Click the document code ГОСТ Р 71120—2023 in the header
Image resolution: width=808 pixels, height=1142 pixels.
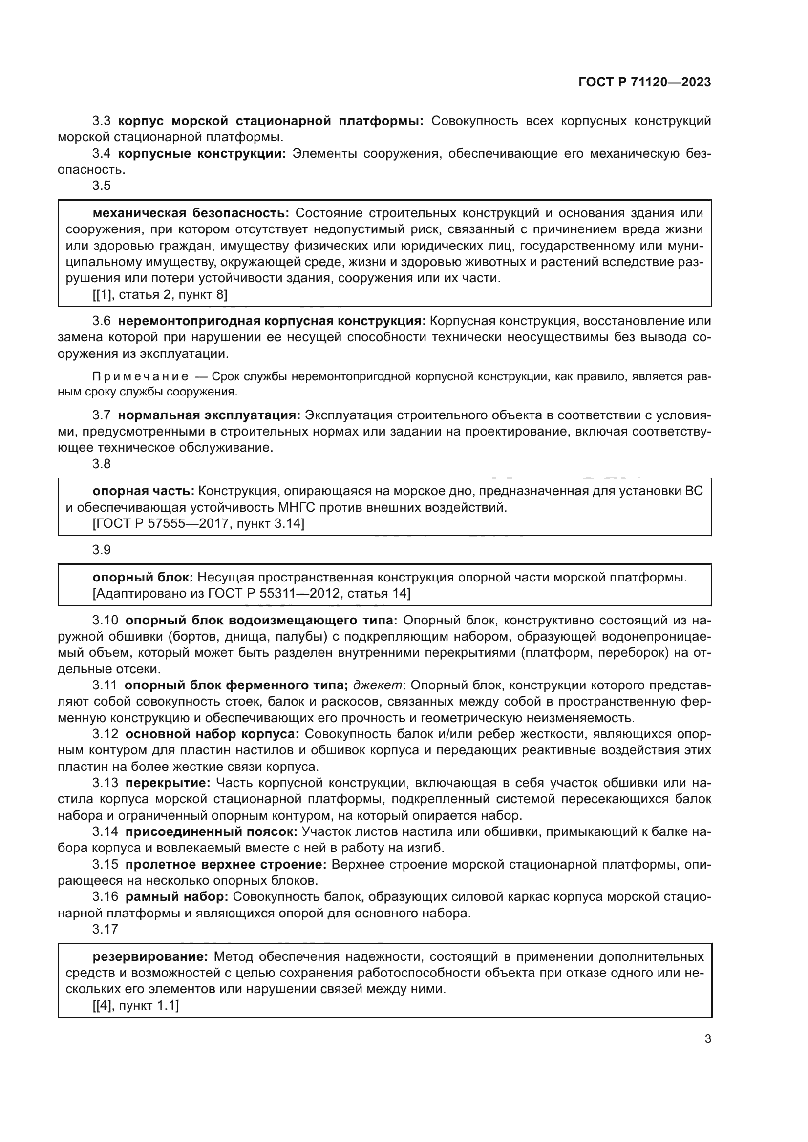click(x=645, y=83)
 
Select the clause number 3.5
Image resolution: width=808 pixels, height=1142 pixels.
click(x=102, y=186)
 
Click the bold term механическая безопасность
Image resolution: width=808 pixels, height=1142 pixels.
click(x=191, y=213)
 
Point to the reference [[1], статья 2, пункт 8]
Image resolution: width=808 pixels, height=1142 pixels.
click(x=160, y=294)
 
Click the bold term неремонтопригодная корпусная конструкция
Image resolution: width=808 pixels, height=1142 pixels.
click(x=272, y=321)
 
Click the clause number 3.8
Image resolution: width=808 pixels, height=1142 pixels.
click(x=102, y=464)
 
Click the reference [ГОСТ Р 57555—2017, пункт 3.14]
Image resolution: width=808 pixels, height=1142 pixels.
click(x=198, y=523)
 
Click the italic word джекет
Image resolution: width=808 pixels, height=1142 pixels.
click(x=378, y=685)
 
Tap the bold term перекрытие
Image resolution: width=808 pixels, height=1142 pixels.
click(x=168, y=783)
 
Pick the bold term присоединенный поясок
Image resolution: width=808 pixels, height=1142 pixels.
click(x=211, y=831)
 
